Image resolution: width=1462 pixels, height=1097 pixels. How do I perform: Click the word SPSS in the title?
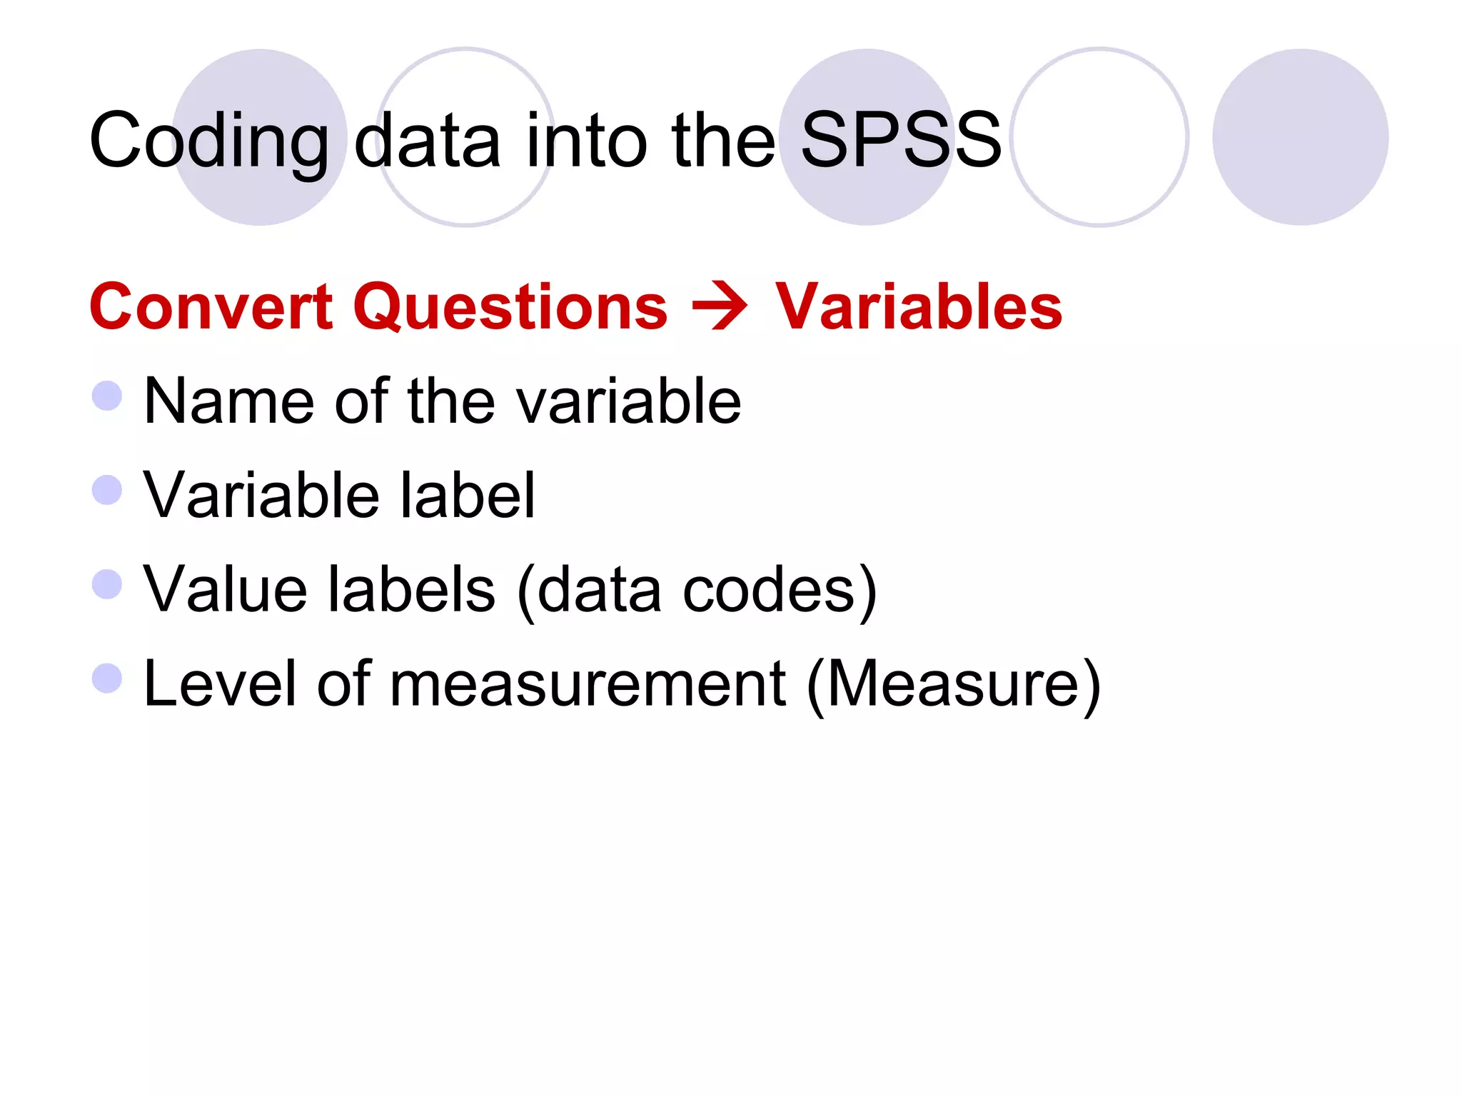(901, 139)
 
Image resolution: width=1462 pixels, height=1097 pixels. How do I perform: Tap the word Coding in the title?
(209, 141)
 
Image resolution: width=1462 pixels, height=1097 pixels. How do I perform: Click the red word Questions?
(510, 306)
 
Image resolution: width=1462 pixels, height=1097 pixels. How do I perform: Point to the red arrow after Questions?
(720, 308)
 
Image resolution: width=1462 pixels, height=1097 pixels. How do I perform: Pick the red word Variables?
(919, 306)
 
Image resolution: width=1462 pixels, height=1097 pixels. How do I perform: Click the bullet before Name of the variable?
(107, 396)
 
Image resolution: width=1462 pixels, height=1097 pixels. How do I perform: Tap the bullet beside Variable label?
(107, 490)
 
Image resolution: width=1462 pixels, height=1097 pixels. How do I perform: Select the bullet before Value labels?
(107, 584)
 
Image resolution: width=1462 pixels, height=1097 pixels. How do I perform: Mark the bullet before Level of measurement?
(107, 678)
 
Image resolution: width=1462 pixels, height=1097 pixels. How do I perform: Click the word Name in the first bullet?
(228, 401)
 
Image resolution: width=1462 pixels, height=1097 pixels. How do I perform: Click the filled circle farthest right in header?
(1300, 137)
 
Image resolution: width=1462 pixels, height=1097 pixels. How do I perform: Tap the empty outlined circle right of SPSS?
(1099, 137)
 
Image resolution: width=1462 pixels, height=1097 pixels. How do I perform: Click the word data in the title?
(428, 139)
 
